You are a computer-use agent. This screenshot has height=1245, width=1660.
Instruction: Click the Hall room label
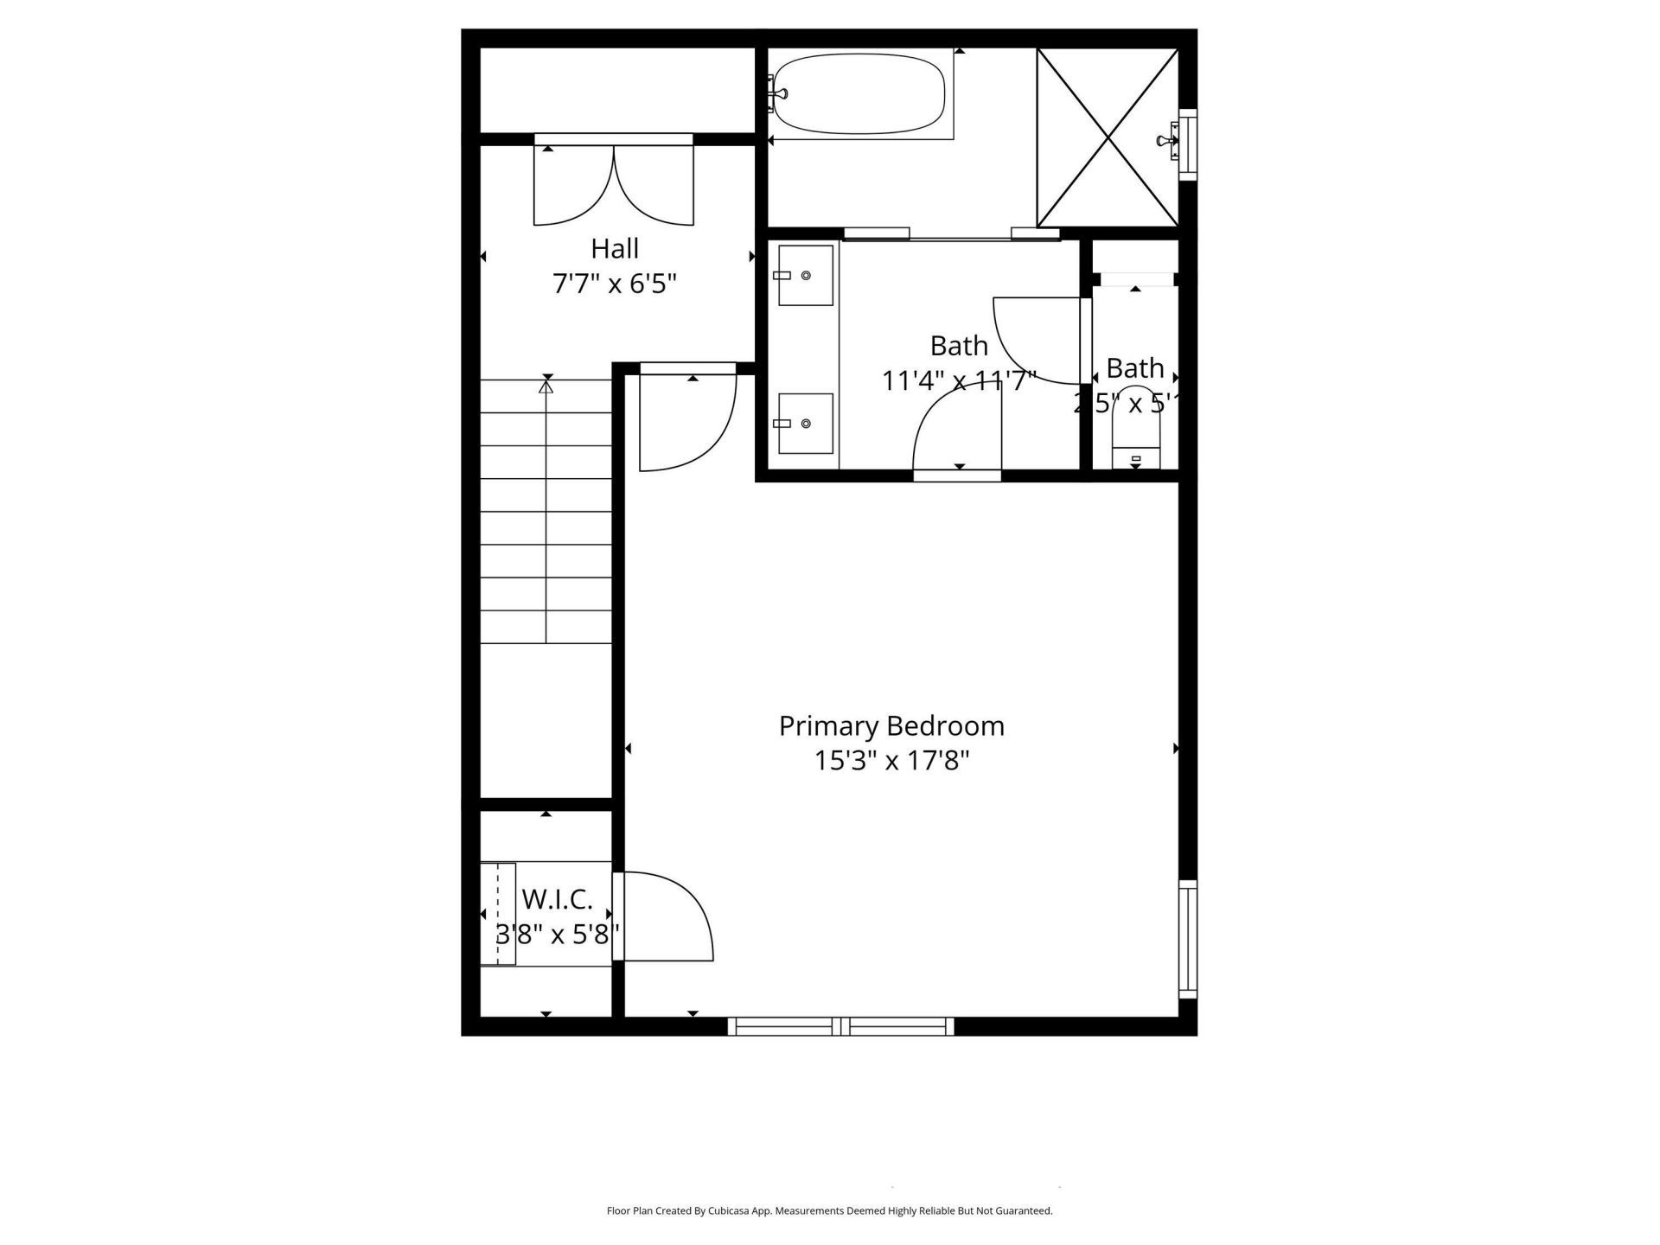coord(615,249)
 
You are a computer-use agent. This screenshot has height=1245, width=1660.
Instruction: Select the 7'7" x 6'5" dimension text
coord(615,284)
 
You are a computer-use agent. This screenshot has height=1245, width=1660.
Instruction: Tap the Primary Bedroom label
coord(891,725)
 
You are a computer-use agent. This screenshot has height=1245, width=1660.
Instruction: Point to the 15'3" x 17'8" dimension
coord(891,761)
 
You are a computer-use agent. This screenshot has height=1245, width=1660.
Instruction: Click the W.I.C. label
coord(557,899)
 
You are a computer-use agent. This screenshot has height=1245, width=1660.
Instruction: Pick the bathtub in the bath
coord(859,93)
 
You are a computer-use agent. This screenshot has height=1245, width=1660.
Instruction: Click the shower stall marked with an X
coord(1108,137)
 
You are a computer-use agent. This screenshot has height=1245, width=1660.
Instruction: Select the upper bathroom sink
coord(805,275)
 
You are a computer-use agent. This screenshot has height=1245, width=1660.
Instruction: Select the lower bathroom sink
coord(805,424)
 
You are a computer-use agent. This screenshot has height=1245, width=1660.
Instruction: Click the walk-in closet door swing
coord(666,918)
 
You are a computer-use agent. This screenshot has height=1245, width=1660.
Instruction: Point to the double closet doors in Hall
coord(614,183)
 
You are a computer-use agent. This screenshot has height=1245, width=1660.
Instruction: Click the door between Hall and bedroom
coord(687,419)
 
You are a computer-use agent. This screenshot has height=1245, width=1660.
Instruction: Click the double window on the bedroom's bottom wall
coord(840,1026)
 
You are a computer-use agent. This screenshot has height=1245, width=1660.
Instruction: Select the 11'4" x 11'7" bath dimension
coord(958,380)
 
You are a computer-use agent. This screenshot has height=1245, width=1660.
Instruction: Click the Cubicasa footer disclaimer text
coord(829,1211)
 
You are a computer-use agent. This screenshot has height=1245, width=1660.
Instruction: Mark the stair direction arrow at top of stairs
coord(546,387)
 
